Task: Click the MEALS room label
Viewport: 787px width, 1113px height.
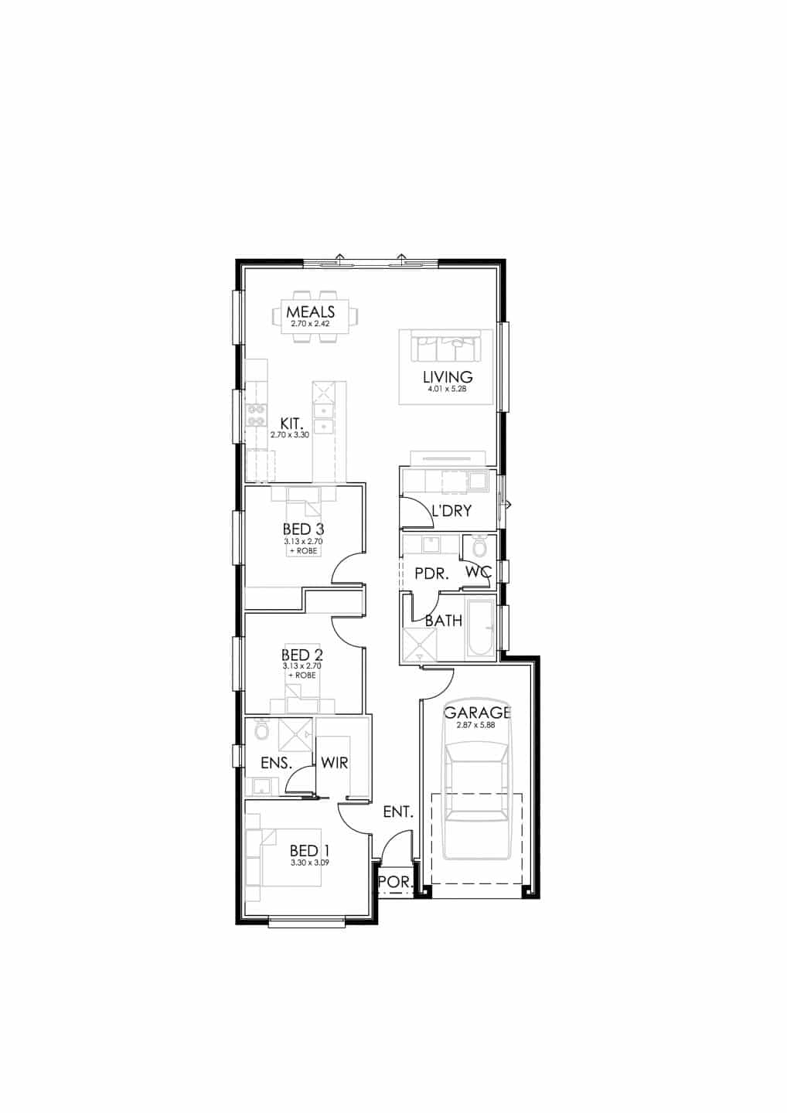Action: tap(311, 312)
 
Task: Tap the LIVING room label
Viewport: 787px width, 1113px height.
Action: tap(448, 377)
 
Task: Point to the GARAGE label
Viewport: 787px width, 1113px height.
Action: tap(478, 713)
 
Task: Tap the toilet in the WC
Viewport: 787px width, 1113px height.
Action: tap(479, 546)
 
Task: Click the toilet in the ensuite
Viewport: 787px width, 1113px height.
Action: tap(261, 730)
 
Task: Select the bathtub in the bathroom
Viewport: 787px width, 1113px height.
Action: tap(479, 628)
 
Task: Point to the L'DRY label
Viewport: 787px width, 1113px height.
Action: tap(451, 511)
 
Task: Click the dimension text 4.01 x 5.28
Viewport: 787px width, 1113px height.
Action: tap(445, 390)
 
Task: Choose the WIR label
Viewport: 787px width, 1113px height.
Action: tap(335, 763)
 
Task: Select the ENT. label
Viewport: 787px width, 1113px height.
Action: tap(398, 812)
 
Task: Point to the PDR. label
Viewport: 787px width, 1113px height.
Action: tap(431, 574)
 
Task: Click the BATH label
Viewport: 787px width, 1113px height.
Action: tap(443, 621)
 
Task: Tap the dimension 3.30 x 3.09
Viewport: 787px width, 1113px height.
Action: tap(310, 863)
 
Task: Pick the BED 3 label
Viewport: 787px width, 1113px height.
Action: tap(304, 529)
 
